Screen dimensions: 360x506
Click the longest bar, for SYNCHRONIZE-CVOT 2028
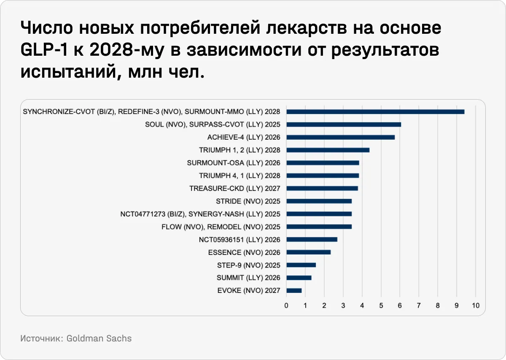[x=375, y=112]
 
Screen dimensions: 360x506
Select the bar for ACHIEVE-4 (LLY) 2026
[x=340, y=137]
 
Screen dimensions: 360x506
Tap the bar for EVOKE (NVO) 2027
[x=294, y=290]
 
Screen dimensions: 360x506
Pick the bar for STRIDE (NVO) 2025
[x=319, y=201]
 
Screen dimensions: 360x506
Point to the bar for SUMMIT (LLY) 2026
[x=299, y=278]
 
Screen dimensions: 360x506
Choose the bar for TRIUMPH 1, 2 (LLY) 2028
[x=328, y=150]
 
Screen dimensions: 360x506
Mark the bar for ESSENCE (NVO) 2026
[x=308, y=252]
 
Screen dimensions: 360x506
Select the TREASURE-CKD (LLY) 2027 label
[x=235, y=188]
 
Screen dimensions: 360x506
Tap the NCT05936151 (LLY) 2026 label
[x=240, y=239]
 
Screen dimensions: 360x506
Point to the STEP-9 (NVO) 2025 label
[x=249, y=265]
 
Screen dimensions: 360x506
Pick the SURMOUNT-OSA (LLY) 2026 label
[x=234, y=163]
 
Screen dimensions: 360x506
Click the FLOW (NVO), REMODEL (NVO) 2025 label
[x=221, y=227]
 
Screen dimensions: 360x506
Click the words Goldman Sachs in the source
[x=99, y=338]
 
